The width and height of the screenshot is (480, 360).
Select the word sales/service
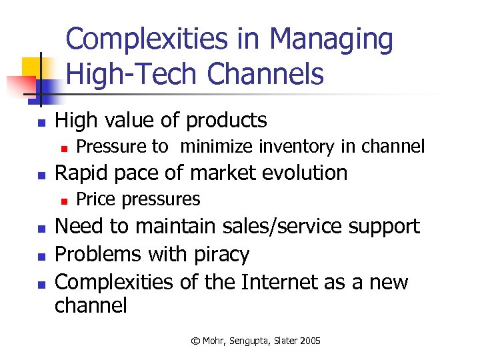[280, 226]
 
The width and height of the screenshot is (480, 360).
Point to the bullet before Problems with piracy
[41, 256]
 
